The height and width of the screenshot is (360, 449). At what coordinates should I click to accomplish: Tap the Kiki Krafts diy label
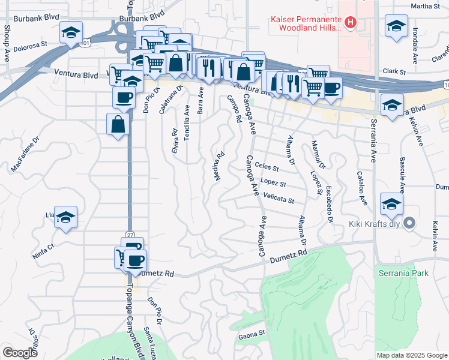click(375, 224)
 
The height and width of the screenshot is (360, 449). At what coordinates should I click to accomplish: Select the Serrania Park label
click(403, 273)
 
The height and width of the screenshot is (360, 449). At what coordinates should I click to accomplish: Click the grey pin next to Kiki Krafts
click(410, 224)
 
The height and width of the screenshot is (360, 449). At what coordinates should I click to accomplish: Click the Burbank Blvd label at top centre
click(142, 18)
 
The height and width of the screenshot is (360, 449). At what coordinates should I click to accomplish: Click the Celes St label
click(267, 166)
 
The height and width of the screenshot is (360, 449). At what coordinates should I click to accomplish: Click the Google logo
click(20, 352)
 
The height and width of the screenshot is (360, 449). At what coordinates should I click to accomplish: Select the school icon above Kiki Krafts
click(391, 203)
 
